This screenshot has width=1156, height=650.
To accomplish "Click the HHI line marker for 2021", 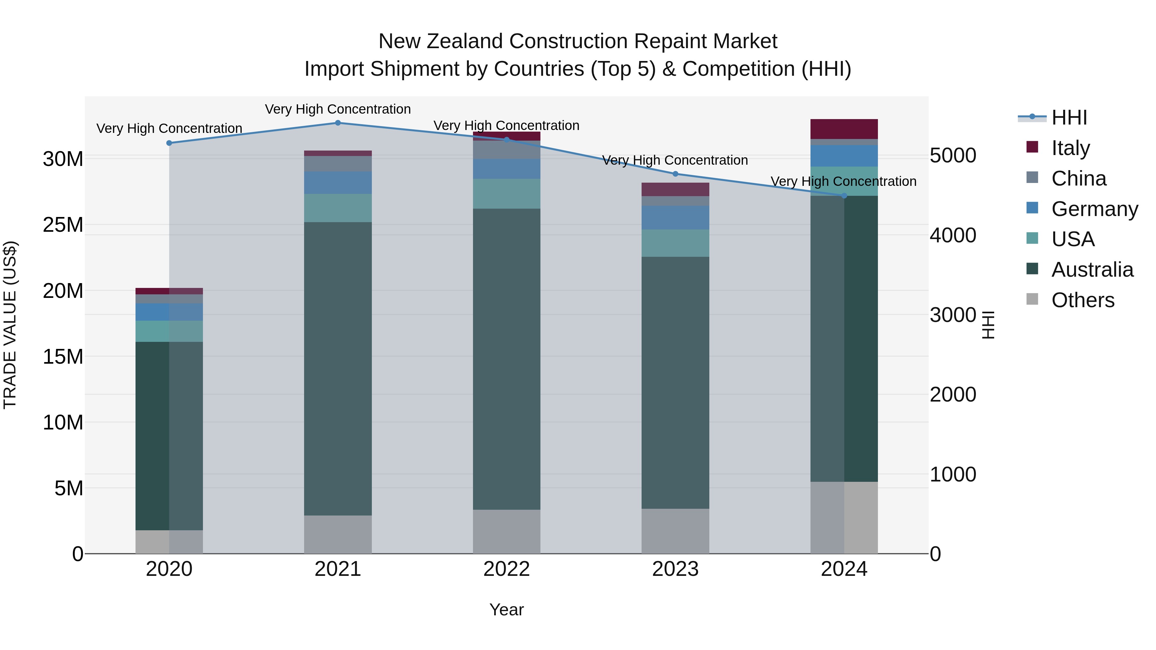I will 338,123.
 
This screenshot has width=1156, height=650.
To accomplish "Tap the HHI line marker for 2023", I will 675,174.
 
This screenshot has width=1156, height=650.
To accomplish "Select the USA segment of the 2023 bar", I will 675,243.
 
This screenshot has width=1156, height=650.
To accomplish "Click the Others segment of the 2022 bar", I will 507,531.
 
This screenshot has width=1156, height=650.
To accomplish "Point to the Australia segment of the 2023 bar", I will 675,382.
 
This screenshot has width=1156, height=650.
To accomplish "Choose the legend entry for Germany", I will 1094,209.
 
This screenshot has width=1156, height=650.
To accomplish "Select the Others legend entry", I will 1082,300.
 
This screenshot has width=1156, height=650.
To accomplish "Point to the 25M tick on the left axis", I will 63,225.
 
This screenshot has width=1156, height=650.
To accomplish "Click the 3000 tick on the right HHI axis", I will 953,315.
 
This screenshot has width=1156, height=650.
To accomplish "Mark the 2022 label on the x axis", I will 507,569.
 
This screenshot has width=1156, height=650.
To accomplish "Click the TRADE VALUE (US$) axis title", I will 10,325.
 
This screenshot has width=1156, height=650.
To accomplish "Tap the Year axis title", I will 507,610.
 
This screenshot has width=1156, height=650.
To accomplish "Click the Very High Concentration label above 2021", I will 338,109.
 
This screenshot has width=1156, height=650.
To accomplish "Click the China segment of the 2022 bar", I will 507,150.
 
